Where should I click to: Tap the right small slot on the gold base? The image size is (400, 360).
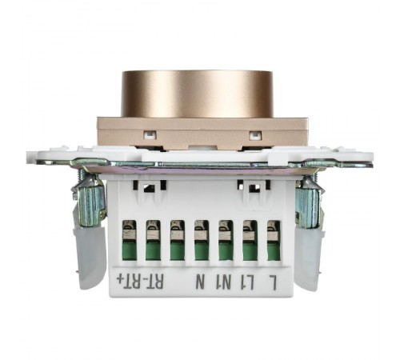255,135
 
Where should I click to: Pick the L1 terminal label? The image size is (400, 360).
251,282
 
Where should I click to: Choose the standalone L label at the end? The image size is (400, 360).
274,282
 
